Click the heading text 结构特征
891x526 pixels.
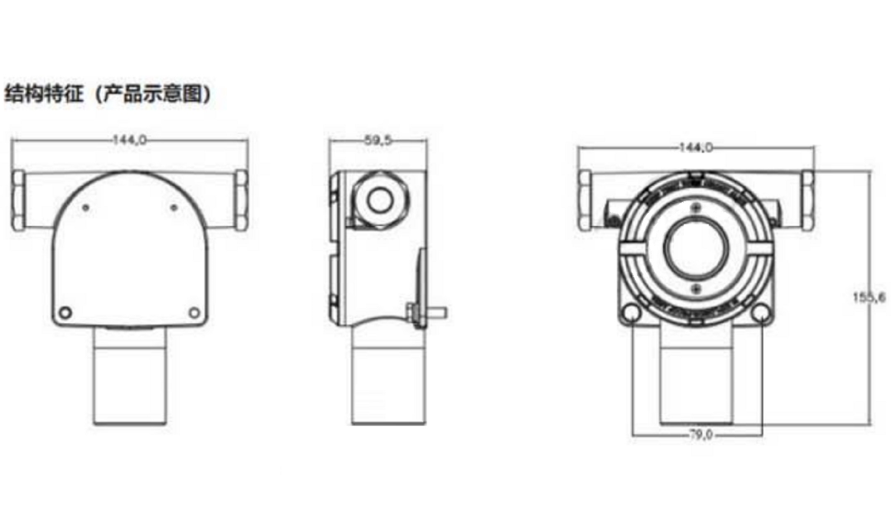coord(44,94)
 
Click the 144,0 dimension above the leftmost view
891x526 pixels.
coord(129,140)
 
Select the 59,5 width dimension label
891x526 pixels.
coord(378,140)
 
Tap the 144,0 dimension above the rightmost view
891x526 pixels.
coord(696,147)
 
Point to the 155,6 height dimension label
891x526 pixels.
coord(869,297)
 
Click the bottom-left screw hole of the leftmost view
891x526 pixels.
coord(65,312)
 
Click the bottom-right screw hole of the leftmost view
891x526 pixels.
coord(194,312)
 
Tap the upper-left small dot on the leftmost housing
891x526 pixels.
coord(86,208)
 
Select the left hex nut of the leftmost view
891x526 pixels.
coord(18,200)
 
